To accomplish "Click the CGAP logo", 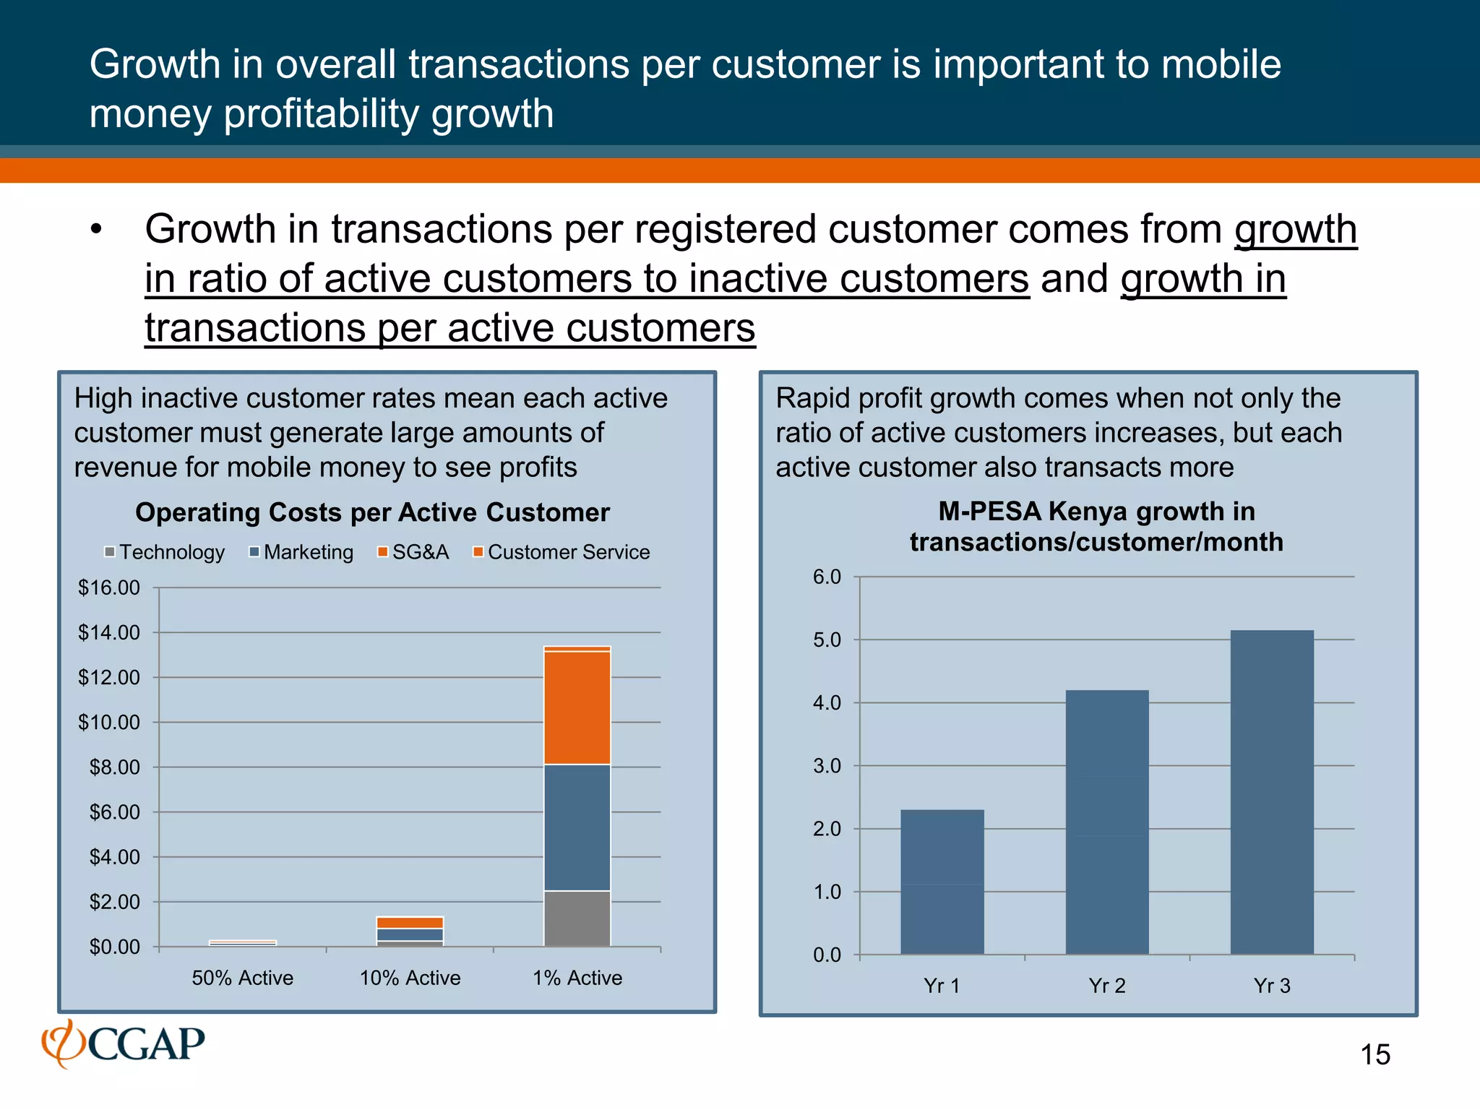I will [124, 1044].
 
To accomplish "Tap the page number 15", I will [1374, 1054].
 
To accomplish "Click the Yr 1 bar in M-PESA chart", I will [942, 882].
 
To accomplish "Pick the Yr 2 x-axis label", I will [1106, 986].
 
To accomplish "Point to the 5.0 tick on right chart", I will [827, 640].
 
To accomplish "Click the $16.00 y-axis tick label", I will [109, 588].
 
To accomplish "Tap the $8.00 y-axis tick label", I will [114, 767].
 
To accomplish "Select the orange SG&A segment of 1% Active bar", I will [577, 707].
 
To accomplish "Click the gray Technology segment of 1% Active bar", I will [577, 918].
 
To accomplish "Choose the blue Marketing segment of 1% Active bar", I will [577, 827].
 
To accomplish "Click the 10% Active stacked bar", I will [410, 932].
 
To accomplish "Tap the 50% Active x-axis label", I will [243, 978].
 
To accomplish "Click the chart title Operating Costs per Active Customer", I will [372, 512].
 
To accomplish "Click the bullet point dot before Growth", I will [96, 230].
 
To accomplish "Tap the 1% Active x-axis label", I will [577, 978].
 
